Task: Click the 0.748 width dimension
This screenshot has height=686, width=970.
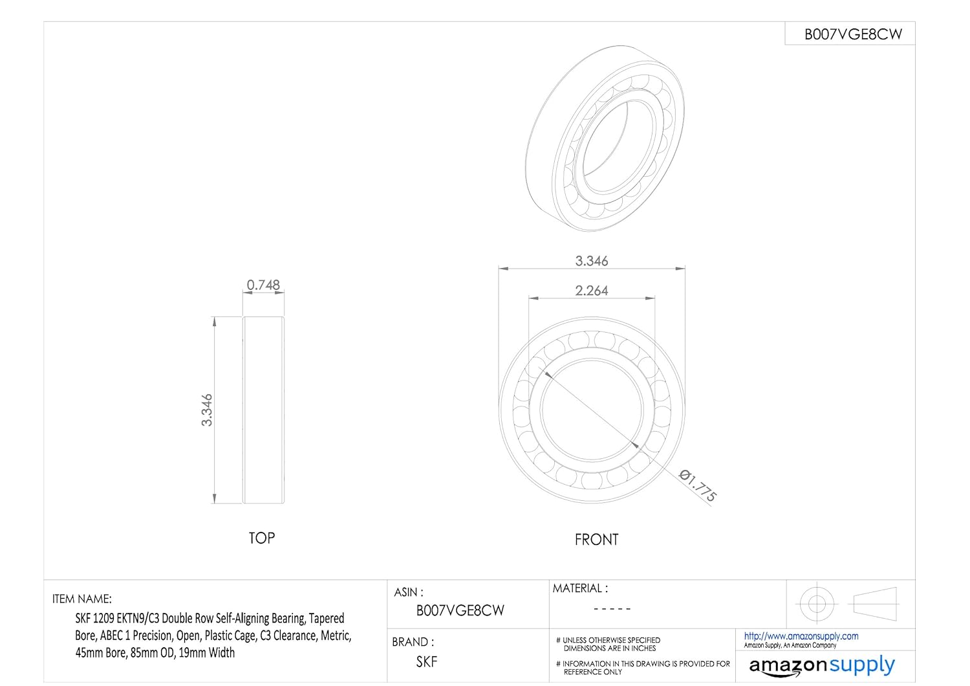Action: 263,285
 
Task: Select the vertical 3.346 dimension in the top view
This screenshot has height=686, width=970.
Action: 207,410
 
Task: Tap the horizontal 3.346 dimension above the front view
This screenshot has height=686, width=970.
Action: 592,261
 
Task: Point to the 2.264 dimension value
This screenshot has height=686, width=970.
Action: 592,291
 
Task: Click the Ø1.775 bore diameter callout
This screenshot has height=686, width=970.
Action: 698,486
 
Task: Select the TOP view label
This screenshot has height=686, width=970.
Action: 261,538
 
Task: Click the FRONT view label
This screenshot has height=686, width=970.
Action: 596,540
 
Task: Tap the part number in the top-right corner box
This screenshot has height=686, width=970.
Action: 853,34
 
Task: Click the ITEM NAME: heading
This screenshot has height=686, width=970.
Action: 82,599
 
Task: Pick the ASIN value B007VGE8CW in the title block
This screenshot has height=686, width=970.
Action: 460,610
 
